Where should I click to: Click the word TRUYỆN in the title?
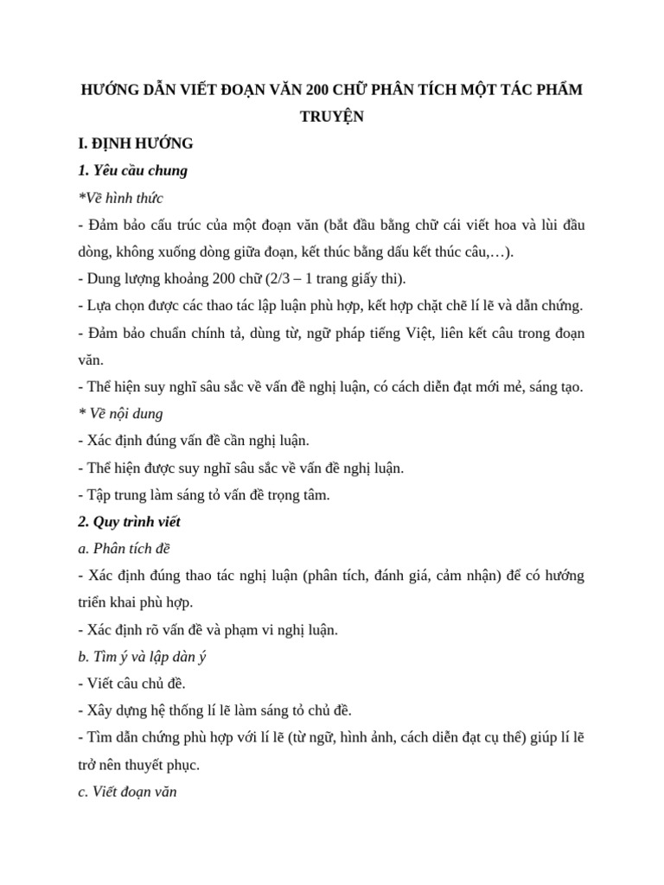[x=331, y=117]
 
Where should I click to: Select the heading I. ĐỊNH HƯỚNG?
[x=135, y=143]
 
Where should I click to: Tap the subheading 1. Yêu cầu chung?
[x=132, y=170]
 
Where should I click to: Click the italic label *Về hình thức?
[x=120, y=198]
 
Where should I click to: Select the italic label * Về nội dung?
[x=120, y=414]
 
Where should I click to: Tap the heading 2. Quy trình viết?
[x=129, y=522]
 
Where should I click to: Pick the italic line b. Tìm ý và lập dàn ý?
[x=142, y=657]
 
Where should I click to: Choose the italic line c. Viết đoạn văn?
[x=127, y=792]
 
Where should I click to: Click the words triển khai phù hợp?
[x=136, y=602]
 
